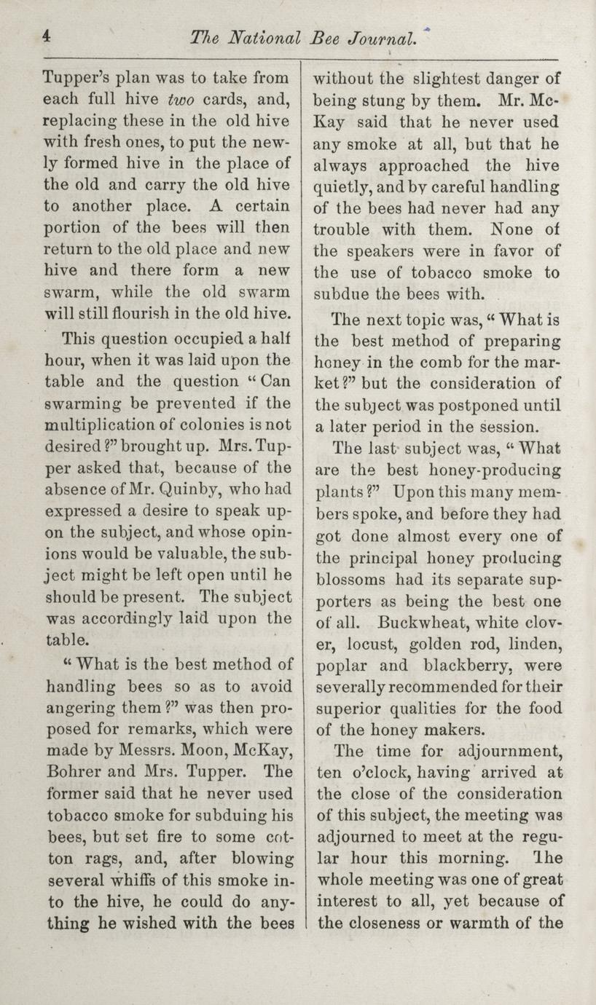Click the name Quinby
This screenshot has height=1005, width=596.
181,488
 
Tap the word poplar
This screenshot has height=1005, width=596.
339,666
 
